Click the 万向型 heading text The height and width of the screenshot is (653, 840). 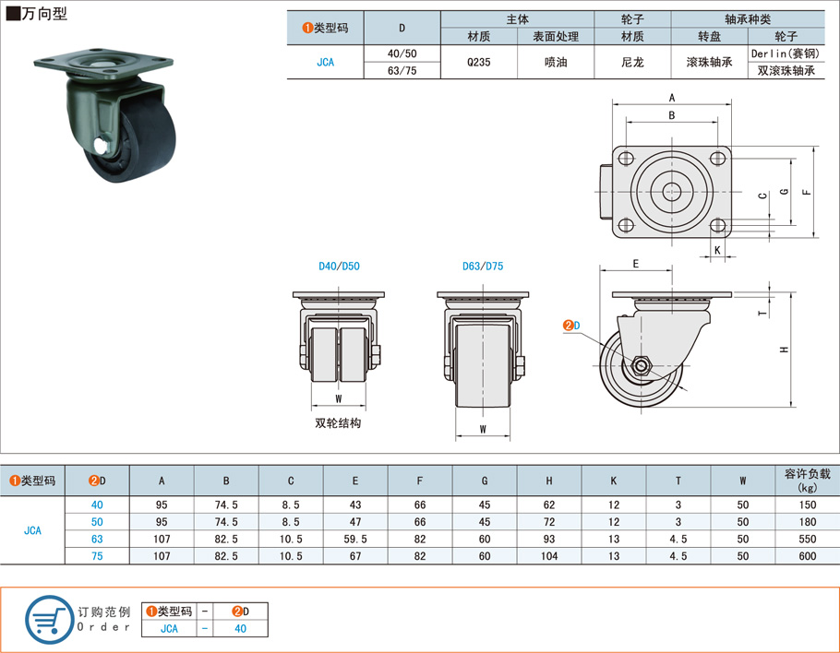tap(44, 14)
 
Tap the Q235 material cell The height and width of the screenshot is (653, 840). tap(478, 62)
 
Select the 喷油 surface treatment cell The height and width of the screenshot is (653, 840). tap(556, 62)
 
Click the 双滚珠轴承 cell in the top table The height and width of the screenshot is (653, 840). tap(786, 71)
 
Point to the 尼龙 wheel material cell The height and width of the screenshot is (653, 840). tap(632, 62)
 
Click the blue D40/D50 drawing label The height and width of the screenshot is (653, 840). tap(339, 266)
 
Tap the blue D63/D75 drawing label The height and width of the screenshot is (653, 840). tap(483, 266)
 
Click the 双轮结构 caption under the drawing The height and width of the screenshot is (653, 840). tap(338, 422)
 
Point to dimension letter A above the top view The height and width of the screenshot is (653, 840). tap(672, 98)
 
